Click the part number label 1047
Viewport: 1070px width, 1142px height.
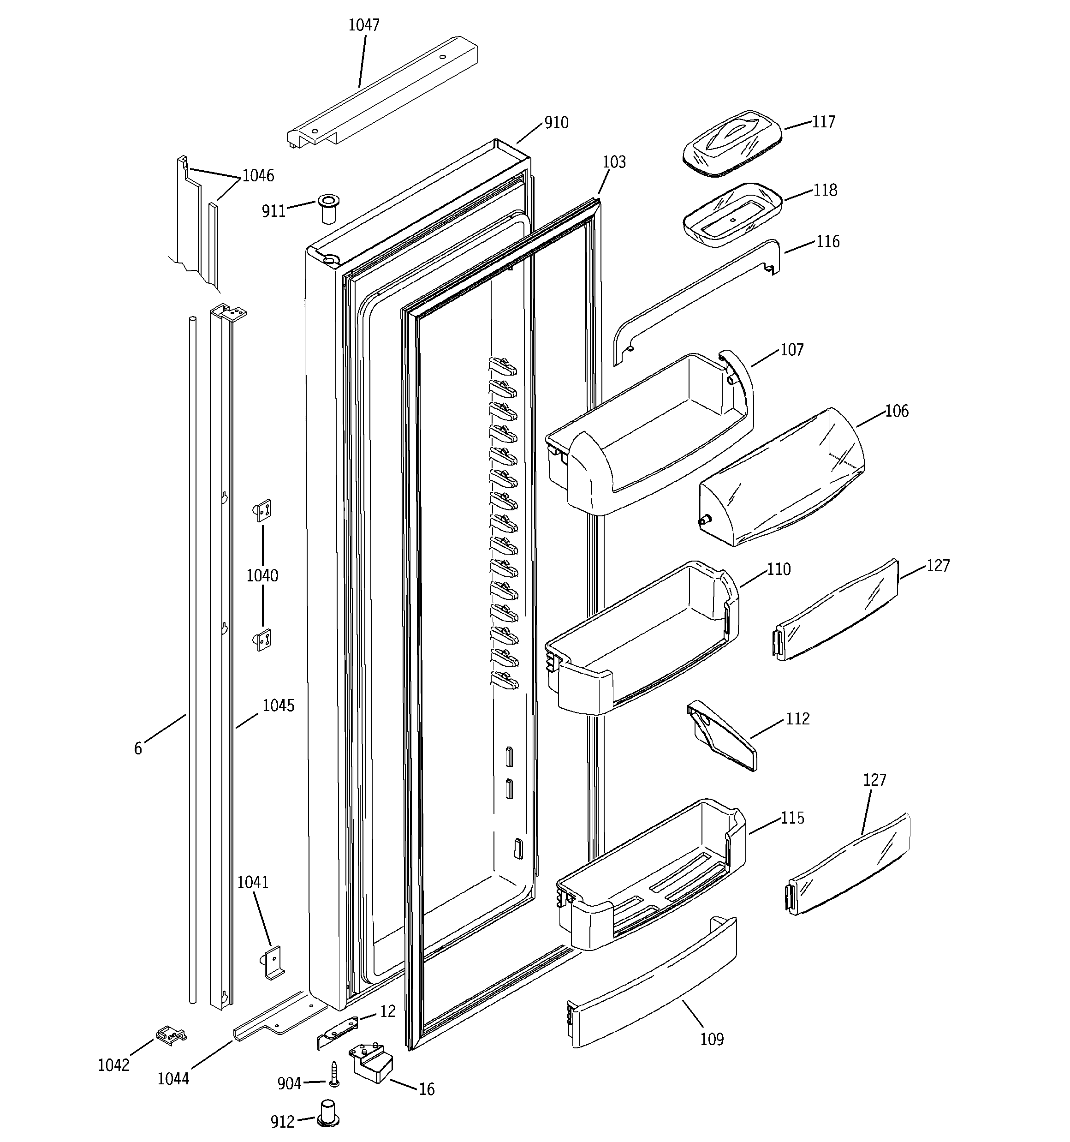[363, 25]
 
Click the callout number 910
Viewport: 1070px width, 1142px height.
[556, 123]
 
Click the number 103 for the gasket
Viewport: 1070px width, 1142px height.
[614, 162]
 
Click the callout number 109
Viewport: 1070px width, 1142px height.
[712, 1039]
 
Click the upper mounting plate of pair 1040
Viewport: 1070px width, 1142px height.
[262, 509]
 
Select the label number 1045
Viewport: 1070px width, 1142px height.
[279, 706]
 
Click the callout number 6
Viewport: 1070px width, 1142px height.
[138, 748]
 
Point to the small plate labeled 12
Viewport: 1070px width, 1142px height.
[338, 1032]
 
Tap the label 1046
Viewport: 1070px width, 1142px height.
[258, 176]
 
